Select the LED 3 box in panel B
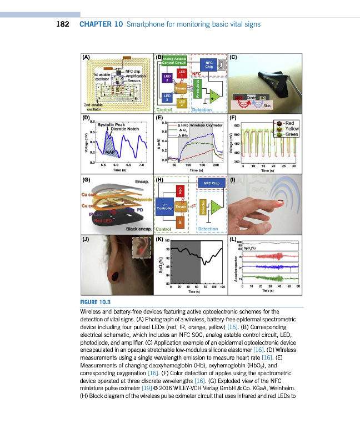click(x=165, y=97)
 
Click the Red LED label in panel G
click(x=103, y=220)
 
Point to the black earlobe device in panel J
click(x=116, y=274)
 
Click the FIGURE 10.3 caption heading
click(x=97, y=302)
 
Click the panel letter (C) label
click(x=233, y=57)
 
